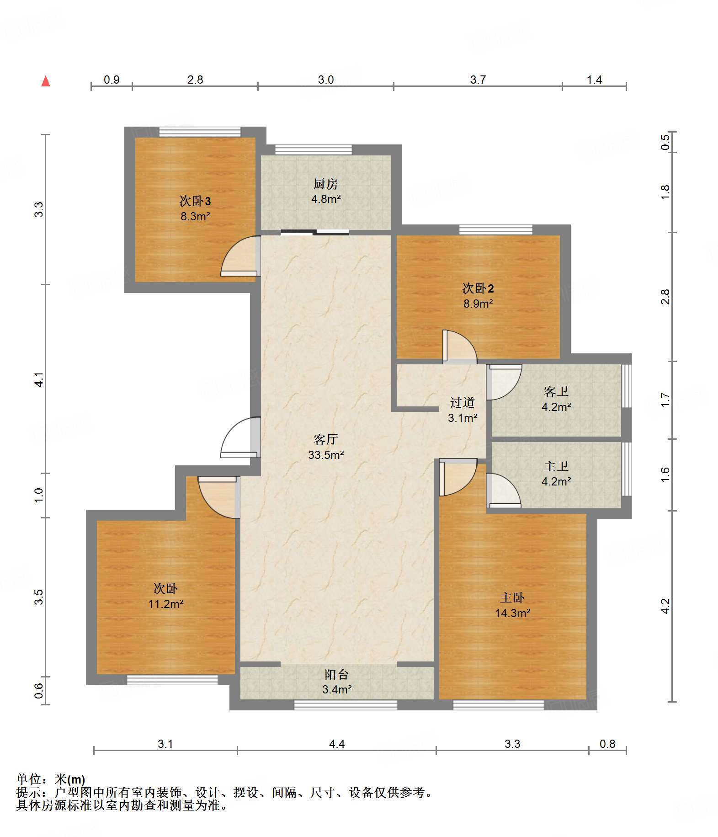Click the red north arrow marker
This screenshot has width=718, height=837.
pyautogui.click(x=46, y=81)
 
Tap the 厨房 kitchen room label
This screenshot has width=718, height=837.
pyautogui.click(x=325, y=184)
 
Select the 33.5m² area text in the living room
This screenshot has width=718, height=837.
pyautogui.click(x=325, y=455)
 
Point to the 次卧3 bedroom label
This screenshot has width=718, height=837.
pyautogui.click(x=195, y=201)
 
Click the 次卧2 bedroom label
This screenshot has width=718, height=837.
pyautogui.click(x=478, y=288)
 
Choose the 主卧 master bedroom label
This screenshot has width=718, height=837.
pyautogui.click(x=512, y=597)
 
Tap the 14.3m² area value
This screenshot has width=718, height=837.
pyautogui.click(x=512, y=613)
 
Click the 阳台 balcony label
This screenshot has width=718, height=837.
pyautogui.click(x=337, y=674)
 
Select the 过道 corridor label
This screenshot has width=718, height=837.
pyautogui.click(x=463, y=402)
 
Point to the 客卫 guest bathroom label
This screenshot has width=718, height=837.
pyautogui.click(x=556, y=391)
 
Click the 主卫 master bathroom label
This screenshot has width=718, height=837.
pyautogui.click(x=556, y=466)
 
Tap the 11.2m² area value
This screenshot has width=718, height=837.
pyautogui.click(x=165, y=604)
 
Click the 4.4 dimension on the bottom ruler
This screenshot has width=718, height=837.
pyautogui.click(x=337, y=744)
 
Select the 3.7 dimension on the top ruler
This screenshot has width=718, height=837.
pyautogui.click(x=478, y=80)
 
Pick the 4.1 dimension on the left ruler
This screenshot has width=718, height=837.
pyautogui.click(x=39, y=379)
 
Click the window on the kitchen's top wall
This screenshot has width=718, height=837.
pyautogui.click(x=314, y=150)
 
